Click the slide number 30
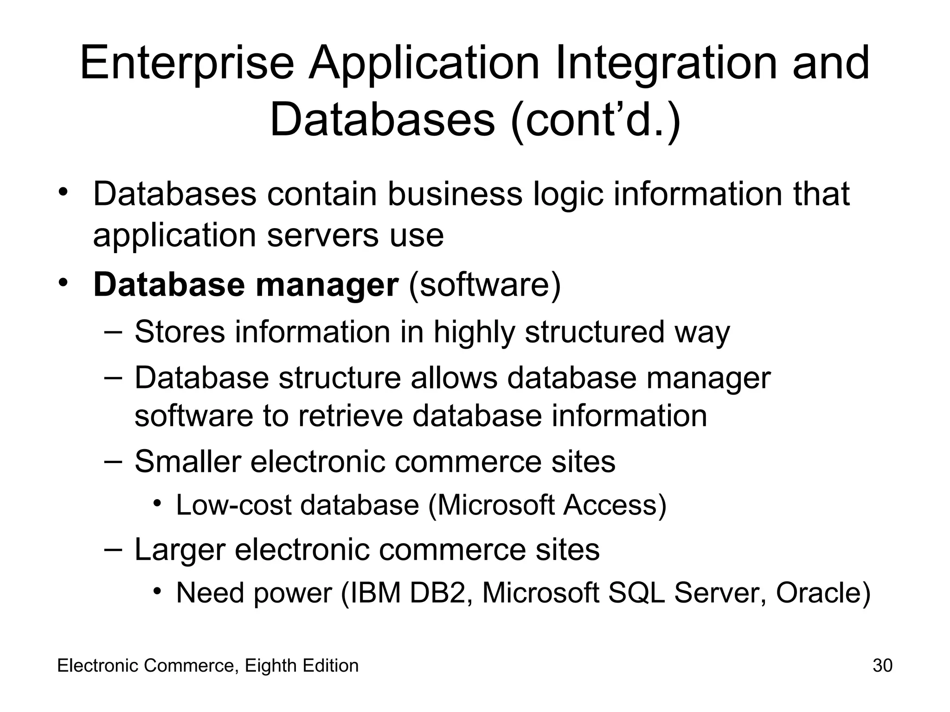point(882,666)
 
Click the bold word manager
point(327,285)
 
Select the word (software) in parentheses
point(485,285)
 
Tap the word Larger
point(180,550)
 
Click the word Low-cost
point(233,505)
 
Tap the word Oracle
point(822,593)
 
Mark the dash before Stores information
point(114,332)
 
